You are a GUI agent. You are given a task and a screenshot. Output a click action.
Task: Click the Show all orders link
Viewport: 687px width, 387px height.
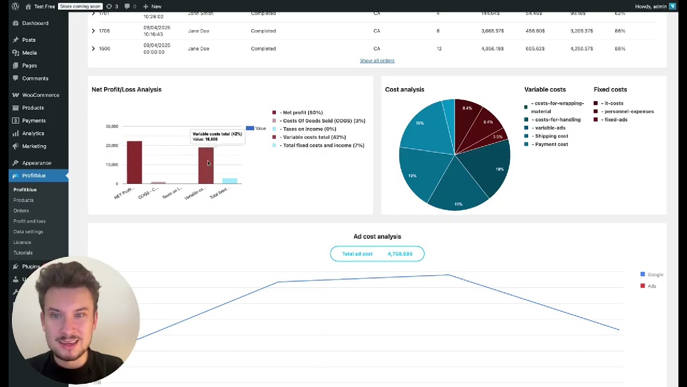point(377,61)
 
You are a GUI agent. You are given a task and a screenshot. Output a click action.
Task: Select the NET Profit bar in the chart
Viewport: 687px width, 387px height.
point(134,162)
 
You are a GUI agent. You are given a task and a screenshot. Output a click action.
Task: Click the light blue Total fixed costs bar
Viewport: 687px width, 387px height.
point(230,181)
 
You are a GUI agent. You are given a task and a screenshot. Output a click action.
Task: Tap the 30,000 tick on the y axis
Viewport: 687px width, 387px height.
point(112,126)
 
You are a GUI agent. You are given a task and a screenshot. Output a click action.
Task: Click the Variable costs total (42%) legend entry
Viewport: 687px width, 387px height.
point(313,137)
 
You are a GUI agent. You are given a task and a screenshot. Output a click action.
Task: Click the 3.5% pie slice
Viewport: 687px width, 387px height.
point(497,138)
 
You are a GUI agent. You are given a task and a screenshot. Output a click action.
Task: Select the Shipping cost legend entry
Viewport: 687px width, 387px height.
point(551,137)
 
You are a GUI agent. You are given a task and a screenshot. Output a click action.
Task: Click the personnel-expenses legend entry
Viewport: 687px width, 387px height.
point(628,112)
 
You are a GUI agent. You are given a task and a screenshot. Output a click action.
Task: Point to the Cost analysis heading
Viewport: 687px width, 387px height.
point(404,90)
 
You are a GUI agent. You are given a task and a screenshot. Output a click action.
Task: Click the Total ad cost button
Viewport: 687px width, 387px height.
point(377,254)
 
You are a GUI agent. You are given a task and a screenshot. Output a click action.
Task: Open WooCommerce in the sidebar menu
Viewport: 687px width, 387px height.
point(40,95)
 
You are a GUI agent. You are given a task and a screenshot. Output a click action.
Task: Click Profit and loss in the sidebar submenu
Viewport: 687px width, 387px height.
point(29,221)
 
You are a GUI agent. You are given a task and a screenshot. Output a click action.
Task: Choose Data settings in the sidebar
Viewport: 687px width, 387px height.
point(28,232)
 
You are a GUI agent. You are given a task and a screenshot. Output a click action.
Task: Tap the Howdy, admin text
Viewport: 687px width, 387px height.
point(651,6)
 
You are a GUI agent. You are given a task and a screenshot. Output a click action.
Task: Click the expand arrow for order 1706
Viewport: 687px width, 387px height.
point(93,31)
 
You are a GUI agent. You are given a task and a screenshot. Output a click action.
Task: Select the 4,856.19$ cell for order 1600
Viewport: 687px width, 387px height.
point(492,49)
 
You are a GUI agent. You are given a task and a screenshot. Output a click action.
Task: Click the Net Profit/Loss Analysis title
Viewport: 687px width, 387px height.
point(126,90)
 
